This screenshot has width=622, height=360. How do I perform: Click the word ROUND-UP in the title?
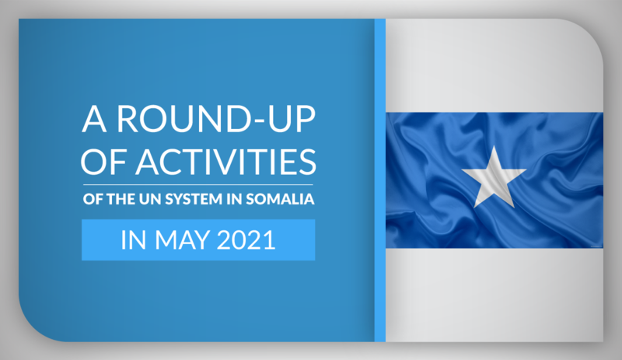pos(216,118)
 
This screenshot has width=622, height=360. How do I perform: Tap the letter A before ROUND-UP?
pos(94,119)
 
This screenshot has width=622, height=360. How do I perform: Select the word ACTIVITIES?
pos(225,162)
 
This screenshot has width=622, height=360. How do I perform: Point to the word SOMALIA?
pos(280,199)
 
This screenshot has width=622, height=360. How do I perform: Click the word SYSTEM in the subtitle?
pos(194,199)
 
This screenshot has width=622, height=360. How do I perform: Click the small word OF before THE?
pos(93,199)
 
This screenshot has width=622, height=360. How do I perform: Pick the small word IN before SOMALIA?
pos(235,199)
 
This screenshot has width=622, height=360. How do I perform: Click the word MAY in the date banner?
pos(182,240)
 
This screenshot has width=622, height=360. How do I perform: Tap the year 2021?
pos(246,240)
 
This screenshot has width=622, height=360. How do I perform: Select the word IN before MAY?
pos(134,240)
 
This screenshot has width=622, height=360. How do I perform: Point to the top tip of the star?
pos(494,145)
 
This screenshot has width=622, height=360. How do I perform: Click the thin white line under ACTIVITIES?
pos(198,184)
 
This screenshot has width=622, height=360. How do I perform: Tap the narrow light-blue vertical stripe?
pos(380,180)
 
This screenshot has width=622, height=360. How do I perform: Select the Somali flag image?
pos(494,180)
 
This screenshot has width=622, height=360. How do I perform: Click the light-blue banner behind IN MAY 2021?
pos(198,239)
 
